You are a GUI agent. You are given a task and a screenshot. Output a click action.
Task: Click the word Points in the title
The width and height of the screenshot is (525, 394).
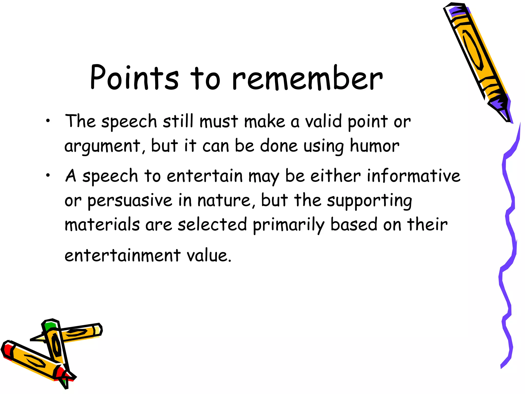[134, 78]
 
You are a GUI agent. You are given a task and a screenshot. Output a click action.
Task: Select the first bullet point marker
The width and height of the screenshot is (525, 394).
[48, 121]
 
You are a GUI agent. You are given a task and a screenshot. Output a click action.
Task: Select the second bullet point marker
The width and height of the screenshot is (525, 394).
[48, 176]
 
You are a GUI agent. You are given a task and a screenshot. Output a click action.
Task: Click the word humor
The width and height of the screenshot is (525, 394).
[375, 146]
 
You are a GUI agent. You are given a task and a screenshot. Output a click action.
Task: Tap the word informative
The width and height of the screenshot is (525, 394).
[413, 176]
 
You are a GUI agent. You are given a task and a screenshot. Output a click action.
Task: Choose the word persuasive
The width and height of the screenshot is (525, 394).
[130, 201]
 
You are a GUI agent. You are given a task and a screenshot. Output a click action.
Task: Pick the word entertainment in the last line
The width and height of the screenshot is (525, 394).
[123, 255]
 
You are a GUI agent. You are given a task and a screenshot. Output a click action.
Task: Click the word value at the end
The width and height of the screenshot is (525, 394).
[209, 255]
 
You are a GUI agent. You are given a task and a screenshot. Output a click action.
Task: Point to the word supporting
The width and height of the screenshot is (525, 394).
[369, 201]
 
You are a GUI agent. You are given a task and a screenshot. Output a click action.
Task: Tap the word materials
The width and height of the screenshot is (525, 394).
[102, 224]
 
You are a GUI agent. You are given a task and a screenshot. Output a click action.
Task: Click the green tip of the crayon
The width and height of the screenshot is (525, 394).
[49, 326]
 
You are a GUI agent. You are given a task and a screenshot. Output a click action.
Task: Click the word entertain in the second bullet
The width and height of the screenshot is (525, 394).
[205, 176]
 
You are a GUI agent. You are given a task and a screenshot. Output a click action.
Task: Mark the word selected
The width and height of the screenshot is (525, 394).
[212, 224]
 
